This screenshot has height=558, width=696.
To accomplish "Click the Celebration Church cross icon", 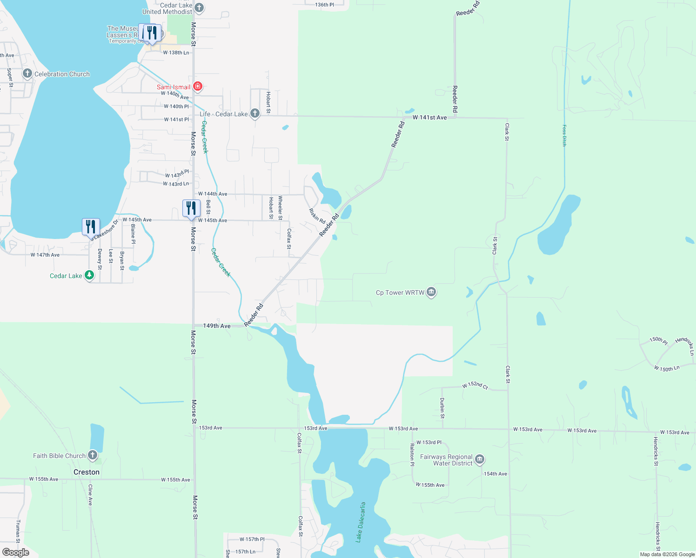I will click(x=27, y=74).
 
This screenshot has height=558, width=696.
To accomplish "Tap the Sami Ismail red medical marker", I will click(x=198, y=86).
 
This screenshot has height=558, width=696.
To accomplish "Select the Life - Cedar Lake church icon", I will click(x=254, y=113).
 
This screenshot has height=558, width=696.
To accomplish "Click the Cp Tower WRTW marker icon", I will click(x=431, y=292).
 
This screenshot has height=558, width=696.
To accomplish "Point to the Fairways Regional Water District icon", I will click(x=480, y=459).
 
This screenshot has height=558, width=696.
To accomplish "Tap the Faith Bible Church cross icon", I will click(x=93, y=455).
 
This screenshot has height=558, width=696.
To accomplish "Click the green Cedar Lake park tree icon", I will click(x=89, y=275).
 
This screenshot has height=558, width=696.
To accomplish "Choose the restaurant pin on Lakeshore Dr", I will click(x=91, y=227).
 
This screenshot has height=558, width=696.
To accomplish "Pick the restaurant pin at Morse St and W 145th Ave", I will click(x=191, y=208).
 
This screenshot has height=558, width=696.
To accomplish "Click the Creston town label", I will click(x=87, y=472).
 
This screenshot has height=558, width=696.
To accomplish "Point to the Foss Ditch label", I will click(x=564, y=135).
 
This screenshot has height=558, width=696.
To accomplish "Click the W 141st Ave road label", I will click(x=429, y=118).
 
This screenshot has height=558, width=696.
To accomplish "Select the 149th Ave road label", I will click(x=217, y=326).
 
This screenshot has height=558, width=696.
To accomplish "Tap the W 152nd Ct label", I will click(x=475, y=386).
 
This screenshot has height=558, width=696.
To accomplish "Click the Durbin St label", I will click(x=442, y=407).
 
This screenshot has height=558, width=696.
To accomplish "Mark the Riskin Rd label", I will click(x=317, y=215).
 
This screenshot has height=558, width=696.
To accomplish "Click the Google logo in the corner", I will click(x=16, y=552).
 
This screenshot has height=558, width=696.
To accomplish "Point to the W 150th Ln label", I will click(x=667, y=368).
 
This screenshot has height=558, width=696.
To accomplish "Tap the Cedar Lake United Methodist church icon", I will click(x=199, y=7).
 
